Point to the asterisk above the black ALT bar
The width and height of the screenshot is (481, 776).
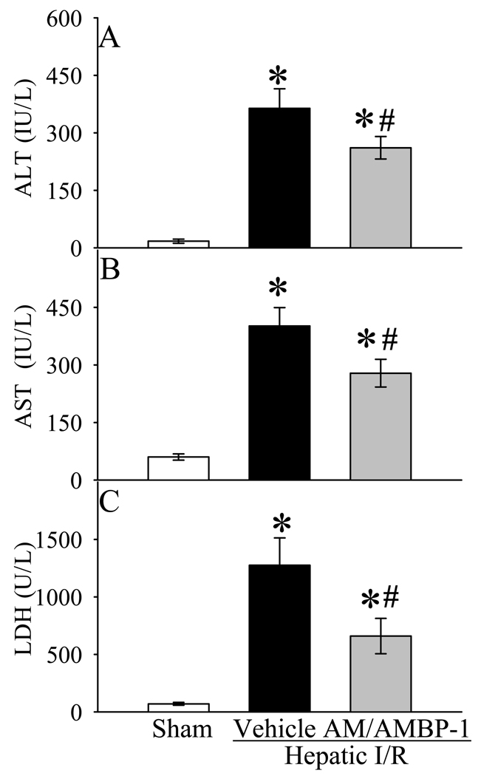(x=278, y=75)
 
